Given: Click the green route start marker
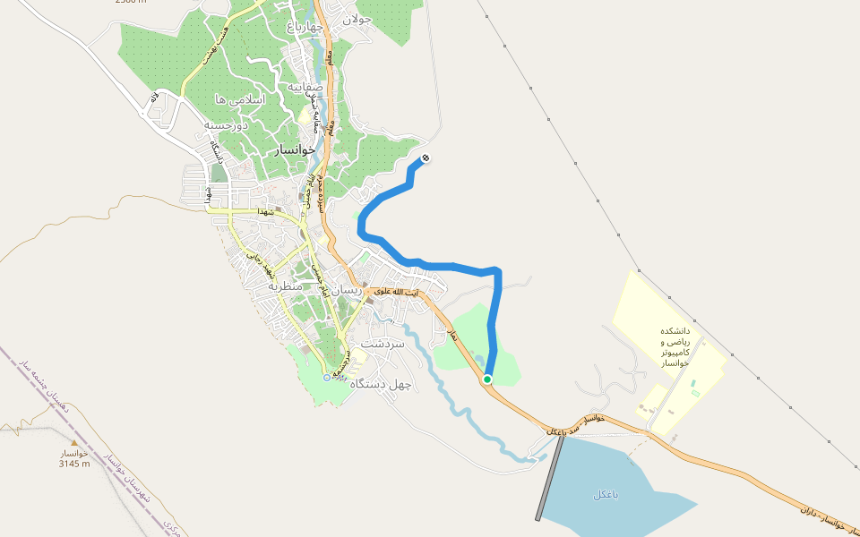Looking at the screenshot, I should [x=487, y=379].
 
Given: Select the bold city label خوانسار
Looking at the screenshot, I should [x=296, y=151].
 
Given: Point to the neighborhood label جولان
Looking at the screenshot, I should [x=355, y=20].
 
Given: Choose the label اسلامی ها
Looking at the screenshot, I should [x=240, y=98].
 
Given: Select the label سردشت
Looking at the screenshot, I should [x=383, y=343].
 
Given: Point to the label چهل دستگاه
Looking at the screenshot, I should [x=382, y=384].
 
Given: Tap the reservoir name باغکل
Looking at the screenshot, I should [x=606, y=494].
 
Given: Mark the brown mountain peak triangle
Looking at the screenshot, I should [x=73, y=443].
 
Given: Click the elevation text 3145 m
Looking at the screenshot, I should [x=74, y=464].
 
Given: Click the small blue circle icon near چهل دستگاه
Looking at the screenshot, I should [x=327, y=377].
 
